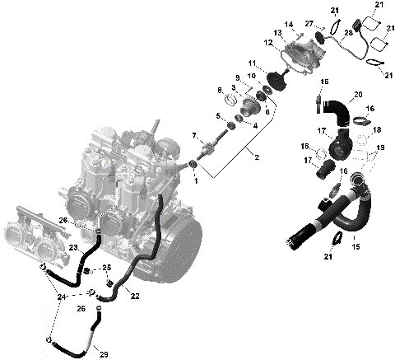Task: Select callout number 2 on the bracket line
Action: pos(258,157)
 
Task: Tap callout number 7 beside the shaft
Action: pos(195,135)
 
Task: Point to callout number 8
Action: pos(219,90)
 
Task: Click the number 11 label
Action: pos(253,63)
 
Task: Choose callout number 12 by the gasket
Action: pos(268,42)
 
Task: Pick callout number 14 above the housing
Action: pos(289,26)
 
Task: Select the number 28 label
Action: pos(348,32)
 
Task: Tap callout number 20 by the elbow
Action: pos(357,95)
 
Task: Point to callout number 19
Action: pos(379,148)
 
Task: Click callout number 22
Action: pos(135,296)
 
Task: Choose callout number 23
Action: pos(72,247)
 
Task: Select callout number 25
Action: pos(107,269)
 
